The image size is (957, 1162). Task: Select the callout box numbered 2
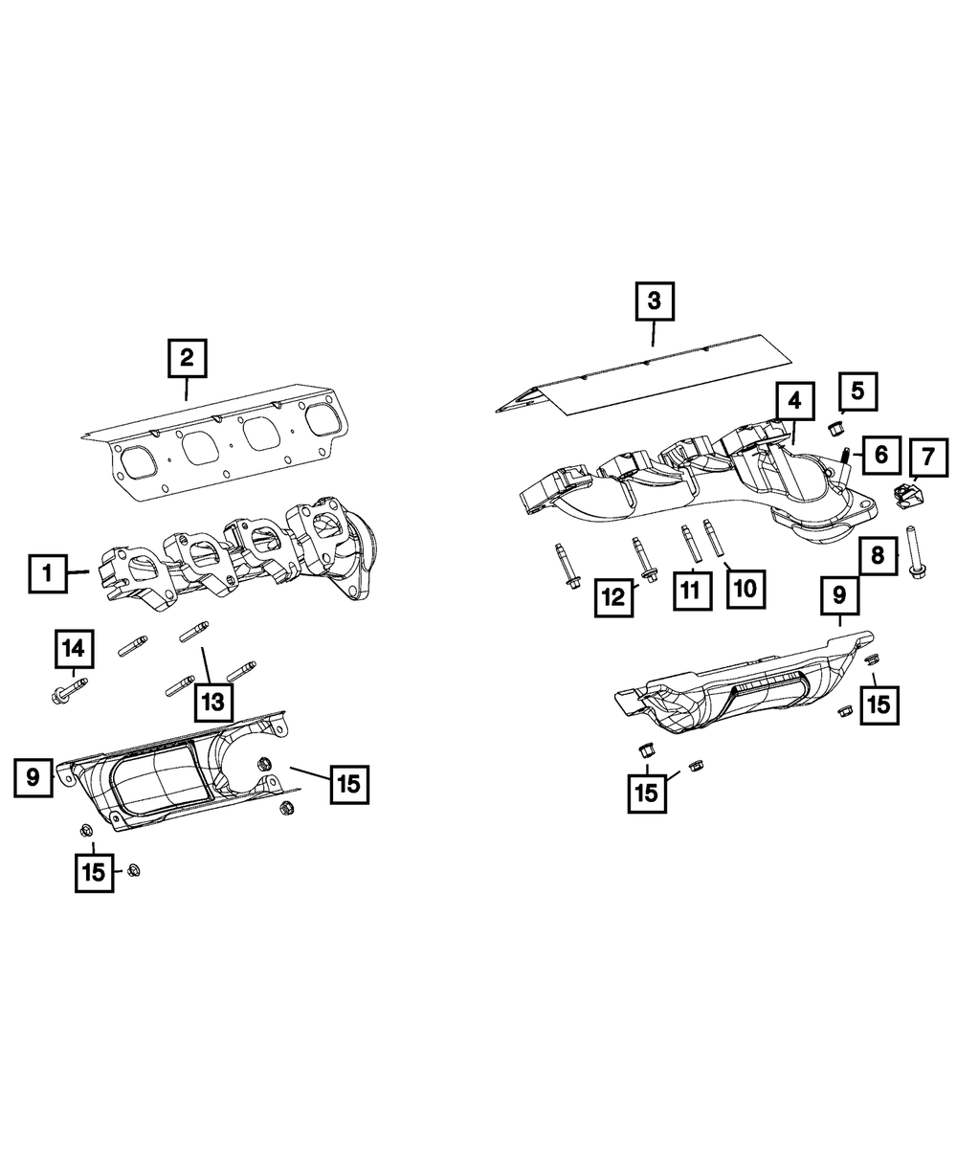tap(187, 359)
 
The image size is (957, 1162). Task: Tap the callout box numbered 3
tap(654, 302)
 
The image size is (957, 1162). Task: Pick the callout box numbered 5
tap(857, 390)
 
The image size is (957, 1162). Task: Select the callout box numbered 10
tap(746, 587)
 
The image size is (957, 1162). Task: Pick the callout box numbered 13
tap(211, 702)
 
